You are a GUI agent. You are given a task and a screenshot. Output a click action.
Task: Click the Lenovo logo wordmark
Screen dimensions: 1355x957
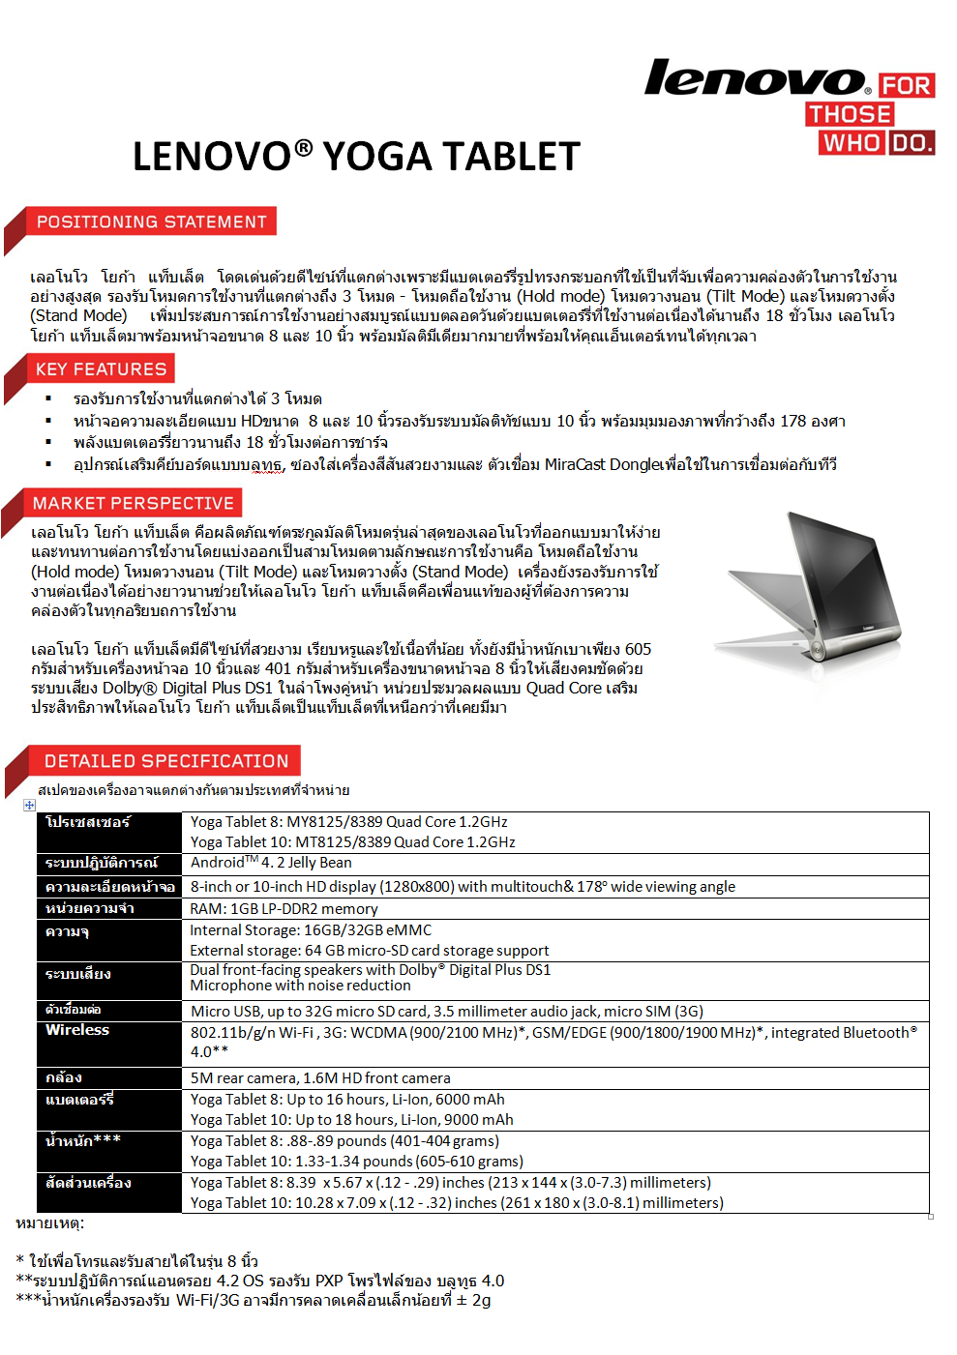click(755, 78)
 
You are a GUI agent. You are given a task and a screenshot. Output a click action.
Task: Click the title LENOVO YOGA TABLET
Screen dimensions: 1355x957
click(356, 157)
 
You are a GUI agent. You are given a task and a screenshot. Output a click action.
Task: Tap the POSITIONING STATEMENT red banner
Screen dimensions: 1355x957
click(151, 221)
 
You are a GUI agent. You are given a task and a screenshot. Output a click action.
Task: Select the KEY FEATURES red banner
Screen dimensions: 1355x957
click(101, 368)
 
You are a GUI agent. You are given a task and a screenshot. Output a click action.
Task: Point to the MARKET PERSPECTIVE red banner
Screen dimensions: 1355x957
click(133, 503)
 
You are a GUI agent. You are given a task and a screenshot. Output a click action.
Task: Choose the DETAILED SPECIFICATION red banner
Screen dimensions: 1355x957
click(165, 761)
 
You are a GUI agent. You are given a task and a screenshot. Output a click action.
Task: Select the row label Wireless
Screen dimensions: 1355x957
click(77, 1030)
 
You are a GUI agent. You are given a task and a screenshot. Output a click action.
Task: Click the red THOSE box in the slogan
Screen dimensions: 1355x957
click(850, 114)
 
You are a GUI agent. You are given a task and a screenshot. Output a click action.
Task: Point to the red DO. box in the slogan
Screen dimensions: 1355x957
click(912, 143)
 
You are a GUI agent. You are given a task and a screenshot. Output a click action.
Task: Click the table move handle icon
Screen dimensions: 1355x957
click(29, 805)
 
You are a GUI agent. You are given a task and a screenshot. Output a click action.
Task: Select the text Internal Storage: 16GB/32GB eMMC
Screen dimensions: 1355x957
click(311, 929)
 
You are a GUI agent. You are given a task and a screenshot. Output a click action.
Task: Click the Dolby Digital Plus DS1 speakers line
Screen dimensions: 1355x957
click(370, 969)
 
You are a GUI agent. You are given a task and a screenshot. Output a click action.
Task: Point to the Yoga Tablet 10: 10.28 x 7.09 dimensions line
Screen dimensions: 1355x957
click(456, 1202)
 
